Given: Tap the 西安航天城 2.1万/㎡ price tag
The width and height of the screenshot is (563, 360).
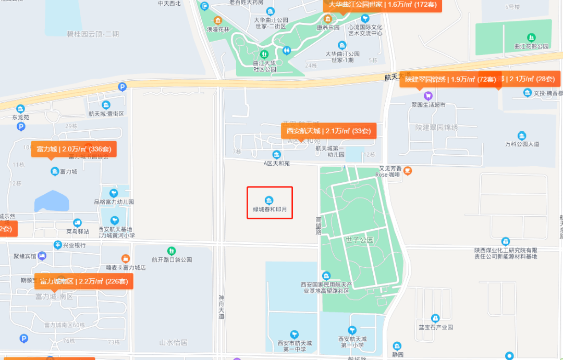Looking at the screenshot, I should click(328, 131).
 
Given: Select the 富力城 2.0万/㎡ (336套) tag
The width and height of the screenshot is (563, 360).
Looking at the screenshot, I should click(74, 149).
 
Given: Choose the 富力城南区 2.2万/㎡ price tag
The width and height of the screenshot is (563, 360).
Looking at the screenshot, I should click(83, 281).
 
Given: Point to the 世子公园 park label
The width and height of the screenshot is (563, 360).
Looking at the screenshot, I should click(360, 240).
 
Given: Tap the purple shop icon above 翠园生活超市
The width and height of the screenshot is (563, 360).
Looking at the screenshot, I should click(428, 95).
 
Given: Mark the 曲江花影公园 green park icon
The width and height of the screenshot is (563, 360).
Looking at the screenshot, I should click(531, 38).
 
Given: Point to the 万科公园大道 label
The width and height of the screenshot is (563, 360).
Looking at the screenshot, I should click(522, 144).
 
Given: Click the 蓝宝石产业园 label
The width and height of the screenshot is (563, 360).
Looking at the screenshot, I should click(436, 327).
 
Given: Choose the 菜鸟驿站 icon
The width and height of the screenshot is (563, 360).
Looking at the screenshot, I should click(77, 223).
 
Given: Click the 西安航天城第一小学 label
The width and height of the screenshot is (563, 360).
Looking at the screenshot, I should click(352, 342).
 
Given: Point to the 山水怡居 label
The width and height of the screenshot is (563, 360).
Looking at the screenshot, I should click(173, 343).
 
